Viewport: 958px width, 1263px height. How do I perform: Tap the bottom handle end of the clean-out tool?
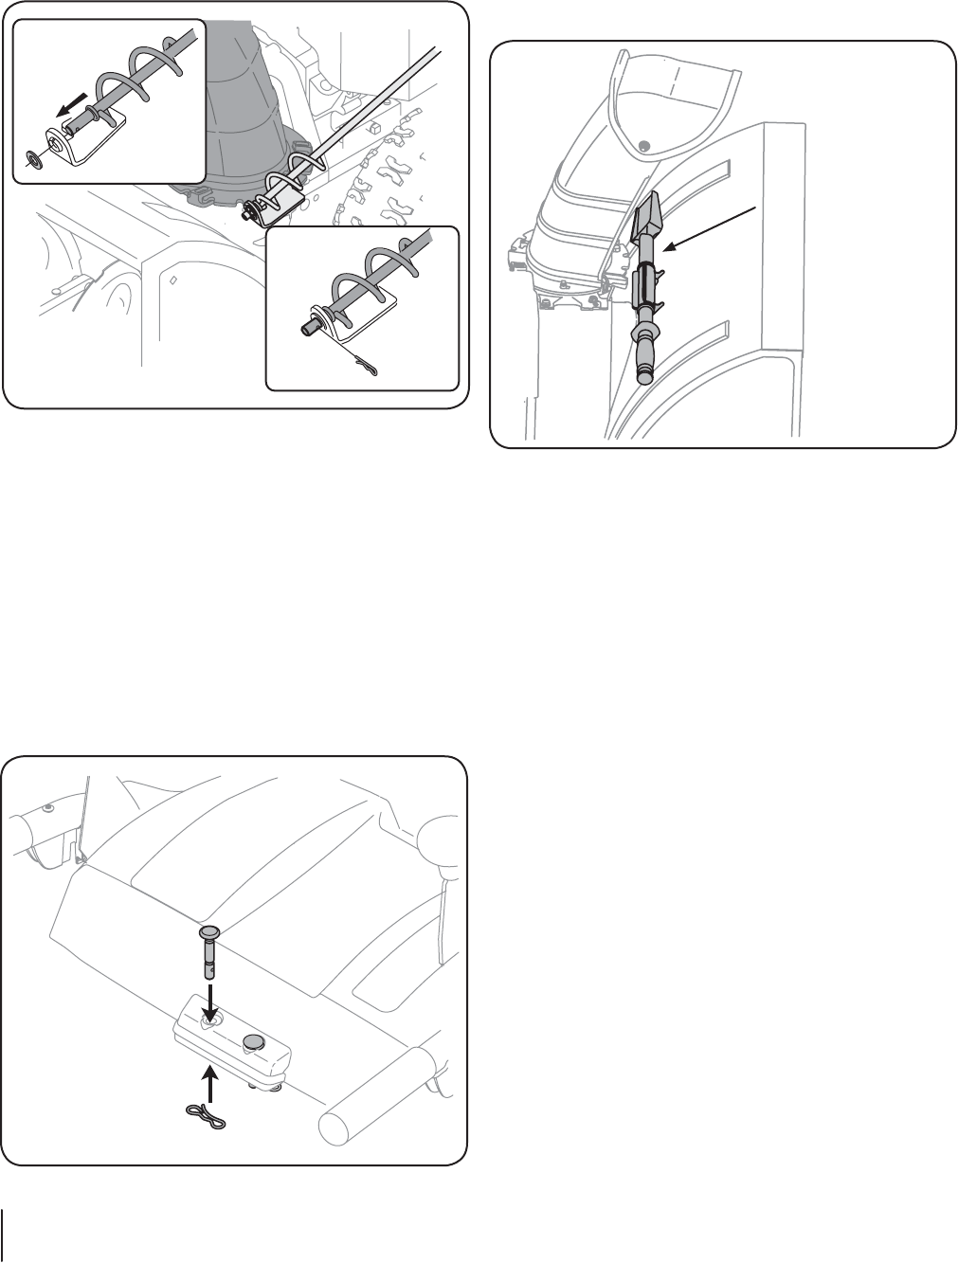tap(644, 375)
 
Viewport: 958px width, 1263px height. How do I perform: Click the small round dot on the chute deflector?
tap(644, 145)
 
